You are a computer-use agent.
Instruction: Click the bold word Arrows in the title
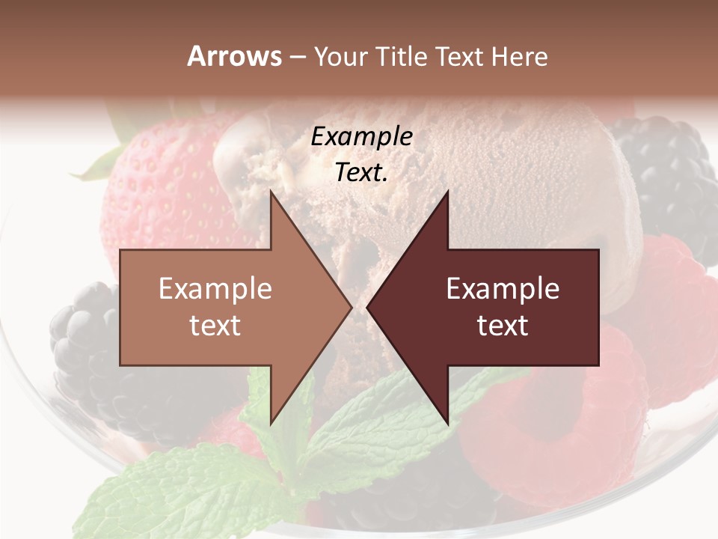pos(234,56)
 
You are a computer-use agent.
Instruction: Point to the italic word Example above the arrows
pos(361,136)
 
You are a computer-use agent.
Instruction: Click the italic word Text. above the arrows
pos(361,173)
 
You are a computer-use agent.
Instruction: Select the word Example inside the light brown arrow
pos(215,288)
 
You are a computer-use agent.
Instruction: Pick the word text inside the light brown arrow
pos(215,326)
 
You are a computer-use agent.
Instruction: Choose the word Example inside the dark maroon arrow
pos(503,288)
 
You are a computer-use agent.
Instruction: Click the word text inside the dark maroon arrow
pos(503,326)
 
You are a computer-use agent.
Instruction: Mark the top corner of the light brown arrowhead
pos(271,193)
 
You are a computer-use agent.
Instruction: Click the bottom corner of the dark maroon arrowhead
pos(447,422)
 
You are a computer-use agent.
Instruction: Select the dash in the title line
pos(297,57)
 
